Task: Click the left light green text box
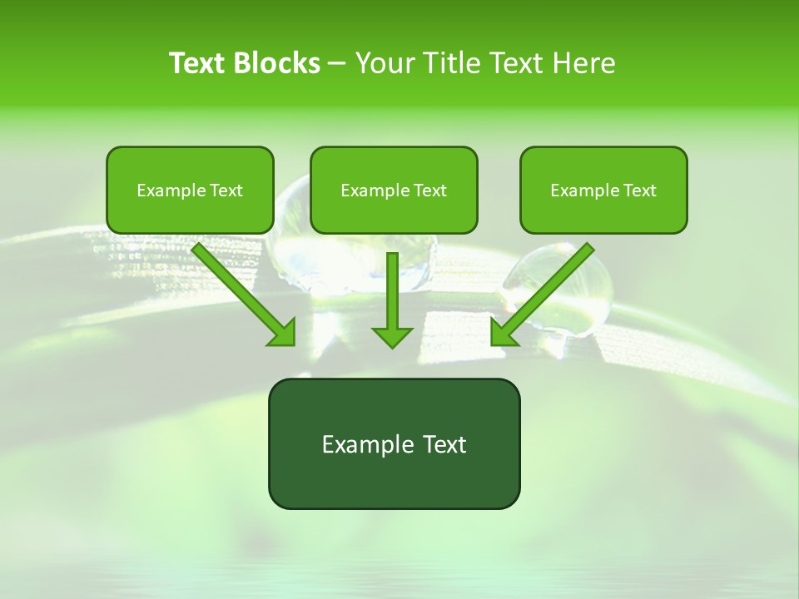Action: [x=190, y=190]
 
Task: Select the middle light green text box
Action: [x=394, y=190]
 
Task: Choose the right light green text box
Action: [x=603, y=190]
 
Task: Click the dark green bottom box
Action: [x=394, y=443]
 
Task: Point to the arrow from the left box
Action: [x=241, y=291]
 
